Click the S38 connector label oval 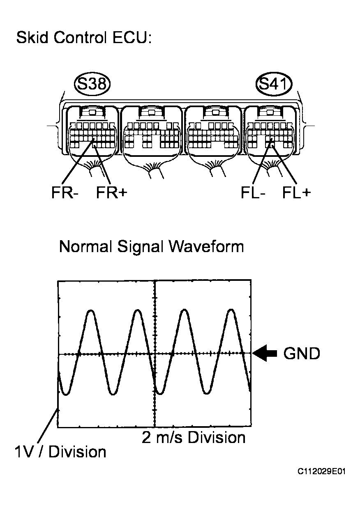(92, 85)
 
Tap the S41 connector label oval (274, 85)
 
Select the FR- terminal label (65, 193)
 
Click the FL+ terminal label (296, 193)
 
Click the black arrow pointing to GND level (265, 353)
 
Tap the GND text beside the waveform (302, 353)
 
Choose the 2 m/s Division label (194, 437)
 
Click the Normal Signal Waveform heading (151, 247)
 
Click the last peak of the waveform (231, 310)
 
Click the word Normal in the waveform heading (86, 247)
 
